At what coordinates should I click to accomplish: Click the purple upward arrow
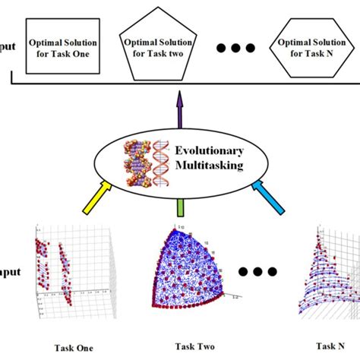click(x=180, y=106)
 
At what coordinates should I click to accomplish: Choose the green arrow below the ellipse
click(x=180, y=206)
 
